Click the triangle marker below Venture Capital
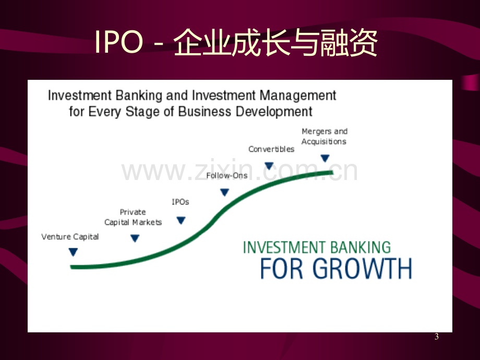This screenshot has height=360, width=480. pos(73,252)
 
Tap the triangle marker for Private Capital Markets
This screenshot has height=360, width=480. pos(135,238)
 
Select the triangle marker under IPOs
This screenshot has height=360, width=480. pos(181,220)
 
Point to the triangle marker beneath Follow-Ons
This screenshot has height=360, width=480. pos(225,192)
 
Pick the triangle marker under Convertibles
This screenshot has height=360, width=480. pos(269,166)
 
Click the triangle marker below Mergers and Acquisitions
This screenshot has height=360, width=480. pos(325,158)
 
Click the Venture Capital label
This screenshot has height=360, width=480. pos(70,237)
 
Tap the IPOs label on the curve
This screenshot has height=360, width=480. pos(181,202)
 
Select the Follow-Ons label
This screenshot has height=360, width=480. pos(227,175)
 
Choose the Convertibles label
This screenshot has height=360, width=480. pos(271,149)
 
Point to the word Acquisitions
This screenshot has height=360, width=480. pos(324,141)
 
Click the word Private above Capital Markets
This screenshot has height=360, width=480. pos(133,212)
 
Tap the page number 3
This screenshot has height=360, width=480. pos(437,337)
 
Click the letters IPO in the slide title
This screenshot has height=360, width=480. pos(119,42)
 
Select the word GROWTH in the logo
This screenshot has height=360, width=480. pos(362,269)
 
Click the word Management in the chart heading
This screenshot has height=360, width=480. pos(298,96)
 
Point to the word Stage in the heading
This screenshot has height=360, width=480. pos(142,112)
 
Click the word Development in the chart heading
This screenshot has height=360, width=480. pos(274,112)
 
